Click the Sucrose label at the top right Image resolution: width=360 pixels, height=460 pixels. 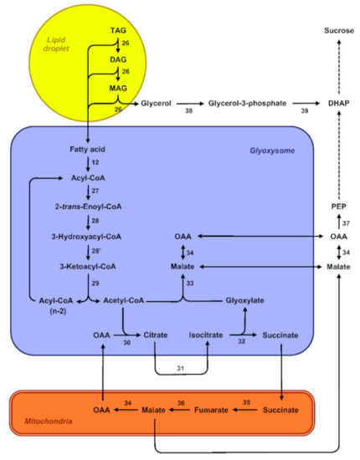coord(333,31)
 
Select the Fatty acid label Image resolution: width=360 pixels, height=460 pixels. coord(88,148)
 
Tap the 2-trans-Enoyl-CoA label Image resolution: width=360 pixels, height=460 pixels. coord(88,207)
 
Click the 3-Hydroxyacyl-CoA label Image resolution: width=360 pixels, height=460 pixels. coord(88,237)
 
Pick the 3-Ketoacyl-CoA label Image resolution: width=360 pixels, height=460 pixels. coord(88,267)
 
